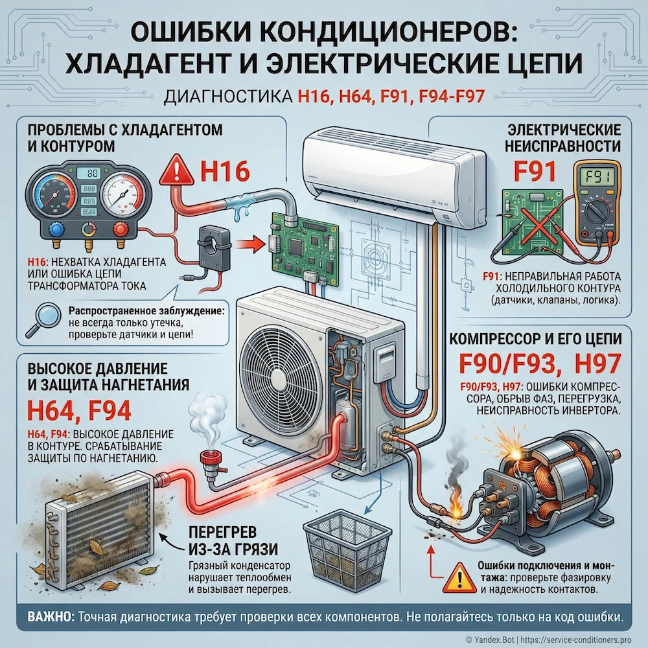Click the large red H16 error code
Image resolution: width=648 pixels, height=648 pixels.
tap(224, 171)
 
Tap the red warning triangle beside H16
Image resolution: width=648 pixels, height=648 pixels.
tap(178, 171)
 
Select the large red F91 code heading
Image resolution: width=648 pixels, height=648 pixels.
tap(535, 171)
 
